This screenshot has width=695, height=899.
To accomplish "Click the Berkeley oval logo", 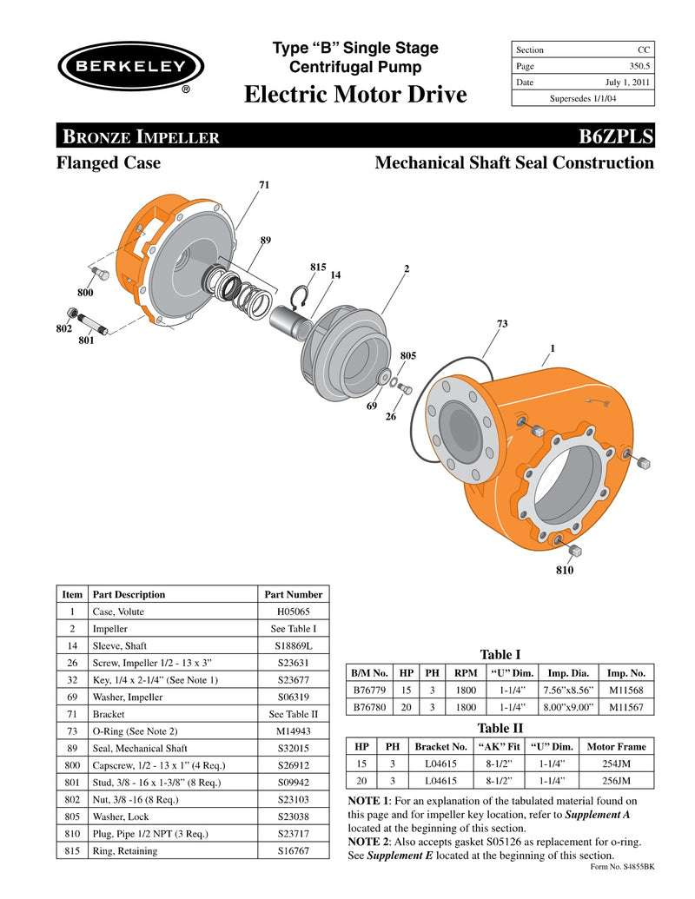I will pyautogui.click(x=130, y=67).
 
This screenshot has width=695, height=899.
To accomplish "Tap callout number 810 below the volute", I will pyautogui.click(x=565, y=571).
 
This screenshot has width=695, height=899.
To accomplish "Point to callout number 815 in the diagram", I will pyautogui.click(x=318, y=267).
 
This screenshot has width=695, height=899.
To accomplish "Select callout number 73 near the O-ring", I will pyautogui.click(x=501, y=324).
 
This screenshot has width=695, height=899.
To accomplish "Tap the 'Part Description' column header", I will pyautogui.click(x=129, y=595).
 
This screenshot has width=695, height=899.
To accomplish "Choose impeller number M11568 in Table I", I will pyautogui.click(x=625, y=691).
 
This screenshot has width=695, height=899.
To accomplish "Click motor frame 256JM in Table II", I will pyautogui.click(x=617, y=781).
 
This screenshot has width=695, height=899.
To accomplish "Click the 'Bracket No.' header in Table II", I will pyautogui.click(x=440, y=746).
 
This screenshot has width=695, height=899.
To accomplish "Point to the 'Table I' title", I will pyautogui.click(x=500, y=654).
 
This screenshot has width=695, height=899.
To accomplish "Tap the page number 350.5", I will pyautogui.click(x=636, y=66).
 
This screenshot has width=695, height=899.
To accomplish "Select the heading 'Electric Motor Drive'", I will pyautogui.click(x=355, y=94).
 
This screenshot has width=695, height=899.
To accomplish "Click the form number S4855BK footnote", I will pyautogui.click(x=621, y=867).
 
